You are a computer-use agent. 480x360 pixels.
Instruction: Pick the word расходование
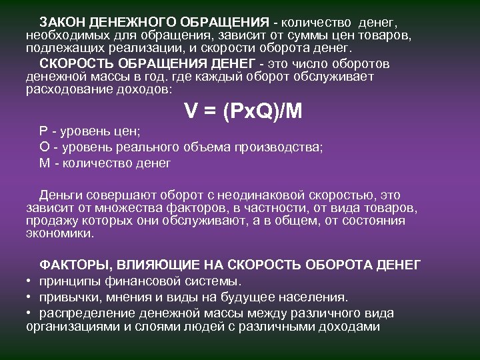63,89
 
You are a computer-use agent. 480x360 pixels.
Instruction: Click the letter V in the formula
191,113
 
